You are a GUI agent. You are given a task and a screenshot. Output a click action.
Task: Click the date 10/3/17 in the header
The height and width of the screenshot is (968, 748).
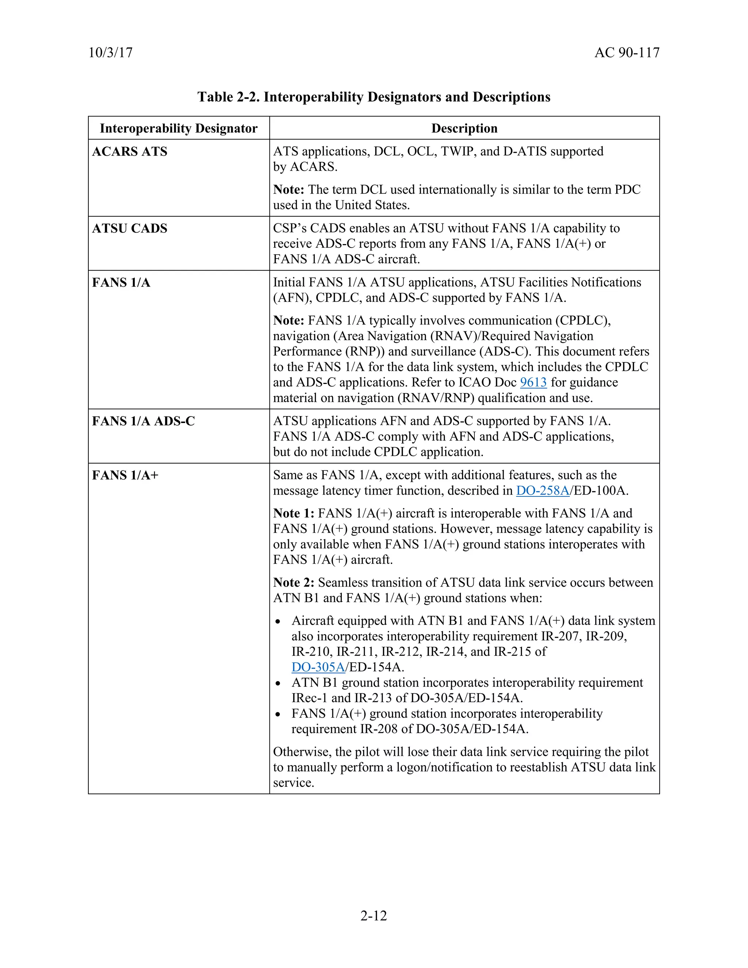pos(110,53)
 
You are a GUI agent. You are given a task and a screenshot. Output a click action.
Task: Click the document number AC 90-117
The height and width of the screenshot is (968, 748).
pos(627,53)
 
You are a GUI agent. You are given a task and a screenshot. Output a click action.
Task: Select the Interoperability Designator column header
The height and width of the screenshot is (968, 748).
pos(179,129)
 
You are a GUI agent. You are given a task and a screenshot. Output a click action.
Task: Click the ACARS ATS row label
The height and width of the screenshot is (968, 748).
pos(129,152)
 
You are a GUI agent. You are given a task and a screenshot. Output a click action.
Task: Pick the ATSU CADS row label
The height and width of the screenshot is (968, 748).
pos(129,229)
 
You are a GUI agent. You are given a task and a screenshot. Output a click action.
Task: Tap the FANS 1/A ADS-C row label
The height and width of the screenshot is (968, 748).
pos(143,421)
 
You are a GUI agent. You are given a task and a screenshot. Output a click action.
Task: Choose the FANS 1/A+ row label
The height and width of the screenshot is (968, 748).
pos(125,475)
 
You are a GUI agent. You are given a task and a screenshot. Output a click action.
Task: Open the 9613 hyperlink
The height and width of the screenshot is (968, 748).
pos(533,382)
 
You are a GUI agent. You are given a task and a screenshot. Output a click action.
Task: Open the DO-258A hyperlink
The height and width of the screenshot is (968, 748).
pos(542,491)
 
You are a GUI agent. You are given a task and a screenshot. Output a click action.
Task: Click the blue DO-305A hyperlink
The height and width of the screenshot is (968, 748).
pos(318,667)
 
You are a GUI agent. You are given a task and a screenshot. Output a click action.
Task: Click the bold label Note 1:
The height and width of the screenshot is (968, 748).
pos(293,513)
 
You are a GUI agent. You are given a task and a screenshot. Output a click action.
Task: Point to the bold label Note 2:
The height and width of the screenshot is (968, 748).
pos(293,582)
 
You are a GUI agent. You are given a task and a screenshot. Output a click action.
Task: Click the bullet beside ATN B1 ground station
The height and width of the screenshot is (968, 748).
pos(278,683)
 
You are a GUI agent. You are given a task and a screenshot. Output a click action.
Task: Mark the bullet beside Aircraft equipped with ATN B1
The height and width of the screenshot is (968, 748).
pos(278,622)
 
